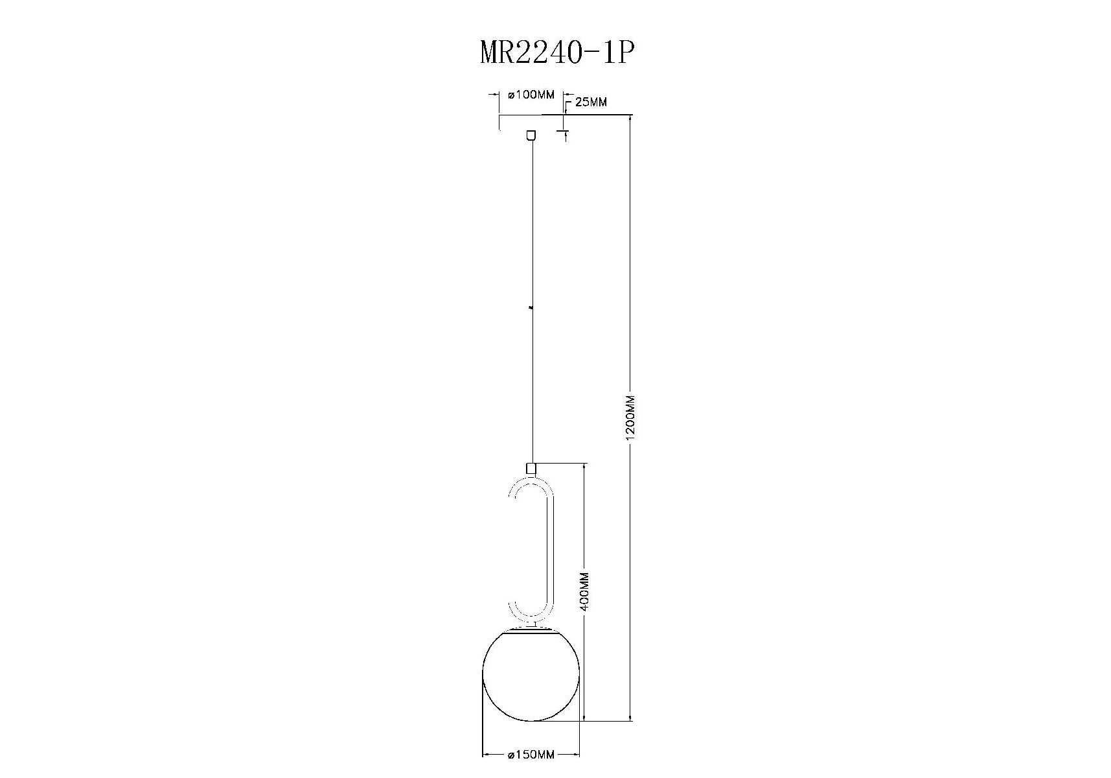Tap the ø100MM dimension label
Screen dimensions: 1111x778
(532, 95)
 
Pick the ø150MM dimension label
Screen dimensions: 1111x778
(532, 755)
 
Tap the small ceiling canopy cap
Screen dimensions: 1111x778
(531, 135)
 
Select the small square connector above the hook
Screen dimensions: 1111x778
(531, 467)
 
